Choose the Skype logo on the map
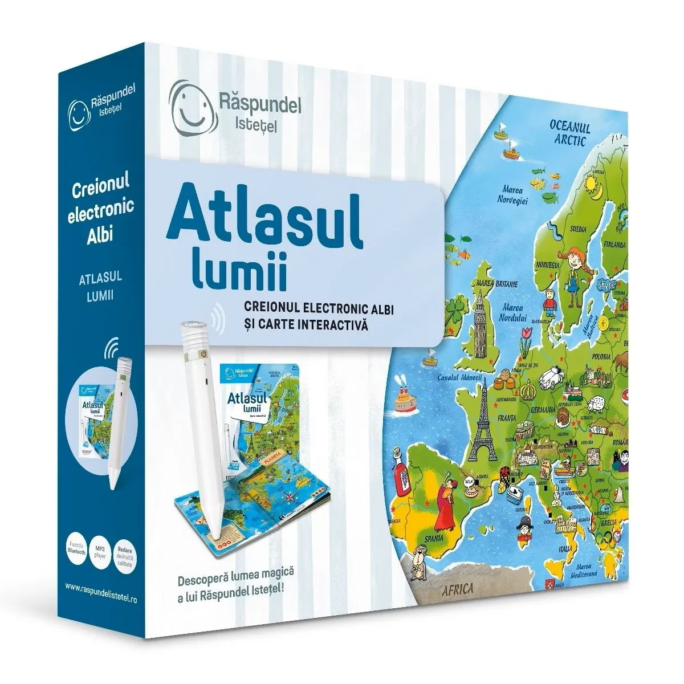608,283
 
